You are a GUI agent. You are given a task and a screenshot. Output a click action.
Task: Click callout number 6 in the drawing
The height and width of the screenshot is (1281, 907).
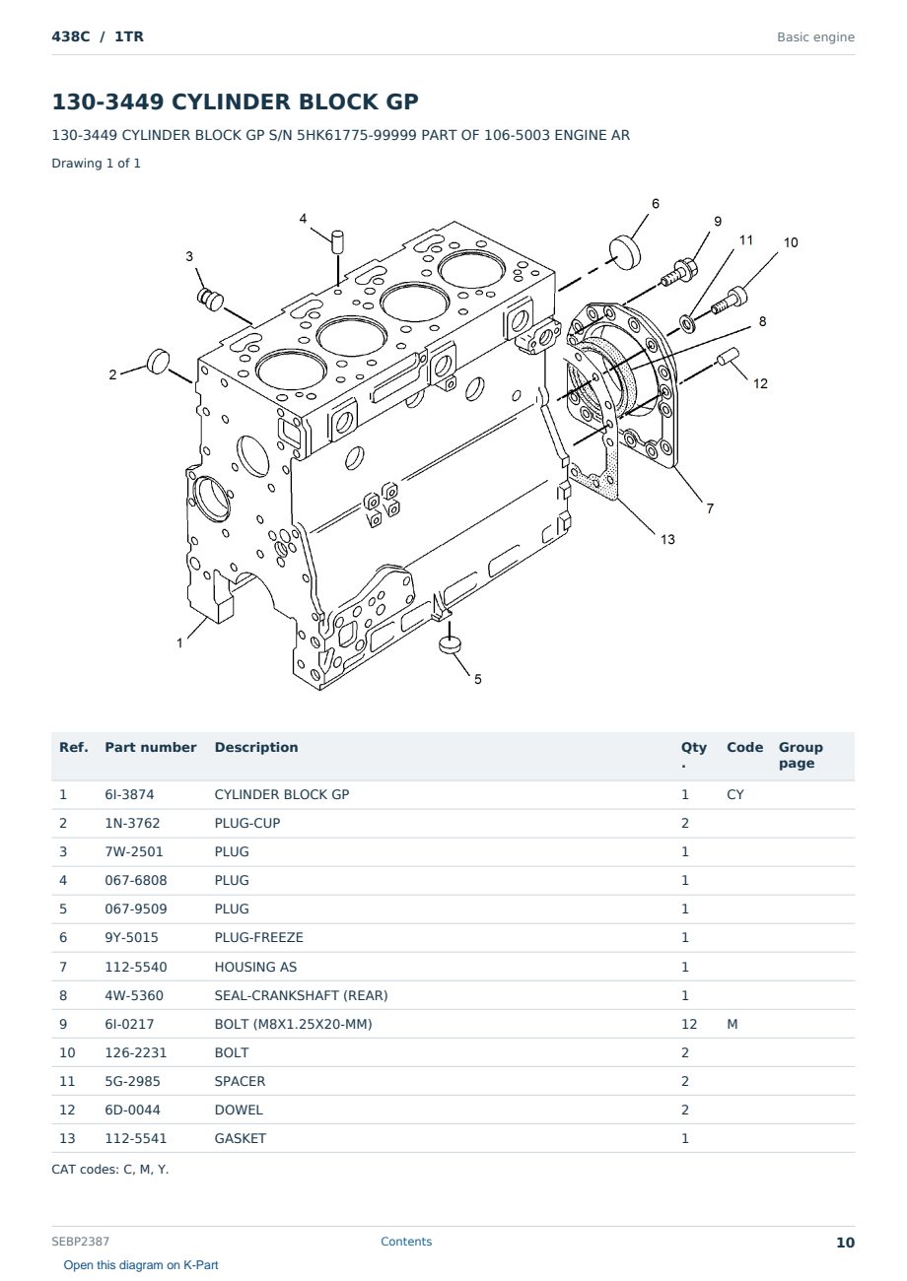point(656,204)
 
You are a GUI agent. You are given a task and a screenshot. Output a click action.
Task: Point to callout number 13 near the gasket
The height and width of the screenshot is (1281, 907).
point(667,539)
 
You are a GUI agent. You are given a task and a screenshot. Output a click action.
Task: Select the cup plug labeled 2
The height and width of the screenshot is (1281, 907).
point(159,361)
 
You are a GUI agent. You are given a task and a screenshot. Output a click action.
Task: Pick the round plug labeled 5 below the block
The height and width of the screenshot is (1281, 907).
point(450,644)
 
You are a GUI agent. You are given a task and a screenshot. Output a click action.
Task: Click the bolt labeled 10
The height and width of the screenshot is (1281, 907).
point(730,301)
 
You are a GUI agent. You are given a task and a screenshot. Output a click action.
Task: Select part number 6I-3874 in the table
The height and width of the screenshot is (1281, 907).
point(129,794)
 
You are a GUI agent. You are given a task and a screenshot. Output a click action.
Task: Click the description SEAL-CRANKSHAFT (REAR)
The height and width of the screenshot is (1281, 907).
point(301,995)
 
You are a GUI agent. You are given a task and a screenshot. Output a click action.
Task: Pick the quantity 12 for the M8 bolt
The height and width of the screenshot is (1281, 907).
point(689,1024)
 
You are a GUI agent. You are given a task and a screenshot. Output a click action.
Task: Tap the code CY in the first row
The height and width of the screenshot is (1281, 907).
point(735,794)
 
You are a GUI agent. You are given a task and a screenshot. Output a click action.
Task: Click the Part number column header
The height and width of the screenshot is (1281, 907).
point(151,748)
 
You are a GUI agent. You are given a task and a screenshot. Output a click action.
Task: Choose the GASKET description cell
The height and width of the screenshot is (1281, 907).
point(241,1138)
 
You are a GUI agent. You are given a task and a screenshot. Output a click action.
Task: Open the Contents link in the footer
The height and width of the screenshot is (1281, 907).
point(406,1242)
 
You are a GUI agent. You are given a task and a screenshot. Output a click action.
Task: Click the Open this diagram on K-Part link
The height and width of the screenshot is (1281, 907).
point(141,1265)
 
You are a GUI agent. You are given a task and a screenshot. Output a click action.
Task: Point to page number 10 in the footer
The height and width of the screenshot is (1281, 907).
point(845,1243)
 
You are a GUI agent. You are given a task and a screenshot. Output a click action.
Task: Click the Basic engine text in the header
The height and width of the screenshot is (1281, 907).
point(815,37)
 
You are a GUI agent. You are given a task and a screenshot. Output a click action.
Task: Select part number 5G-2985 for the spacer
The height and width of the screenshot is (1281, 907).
point(132,1081)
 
